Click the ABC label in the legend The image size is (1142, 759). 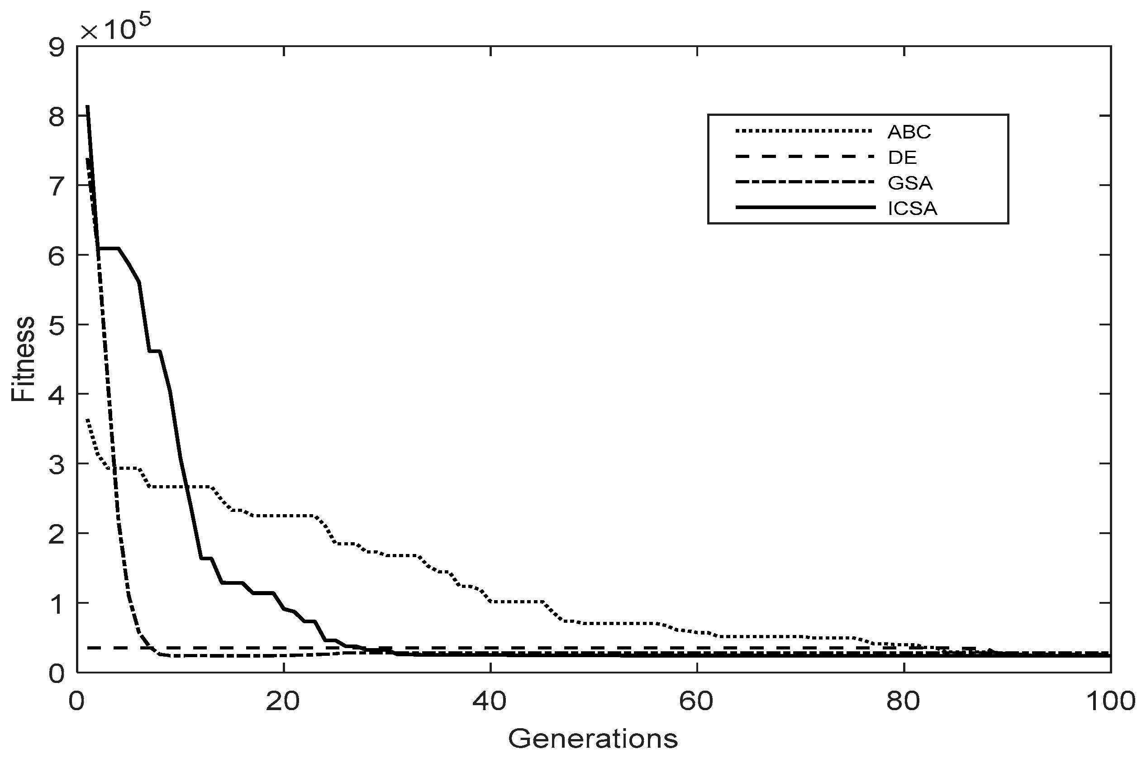tap(909, 132)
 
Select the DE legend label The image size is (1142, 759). tap(903, 158)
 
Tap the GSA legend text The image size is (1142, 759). tap(910, 183)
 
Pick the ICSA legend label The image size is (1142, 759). tap(912, 209)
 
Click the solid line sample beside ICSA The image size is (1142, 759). tap(805, 208)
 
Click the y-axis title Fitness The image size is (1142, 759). tap(23, 359)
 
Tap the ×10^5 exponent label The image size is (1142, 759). tap(116, 29)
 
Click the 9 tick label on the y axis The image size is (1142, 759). tap(57, 48)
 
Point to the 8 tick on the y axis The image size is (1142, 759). tap(57, 117)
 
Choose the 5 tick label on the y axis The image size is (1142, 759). tap(57, 326)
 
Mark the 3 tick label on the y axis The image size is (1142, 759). tap(57, 465)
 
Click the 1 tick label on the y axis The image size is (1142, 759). tap(57, 604)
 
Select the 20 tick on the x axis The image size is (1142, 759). tap(283, 702)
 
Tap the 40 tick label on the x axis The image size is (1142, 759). tap(490, 702)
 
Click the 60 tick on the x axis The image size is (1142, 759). tap(697, 702)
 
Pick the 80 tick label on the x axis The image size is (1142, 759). tap(904, 702)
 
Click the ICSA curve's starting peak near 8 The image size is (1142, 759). tap(88, 107)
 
